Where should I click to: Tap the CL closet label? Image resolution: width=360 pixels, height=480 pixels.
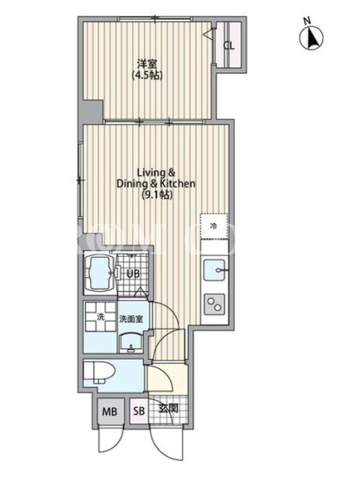[229, 46]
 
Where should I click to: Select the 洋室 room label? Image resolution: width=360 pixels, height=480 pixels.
[147, 64]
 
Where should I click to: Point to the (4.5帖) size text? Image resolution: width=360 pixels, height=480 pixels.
[147, 76]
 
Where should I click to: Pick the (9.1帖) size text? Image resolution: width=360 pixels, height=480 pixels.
[157, 194]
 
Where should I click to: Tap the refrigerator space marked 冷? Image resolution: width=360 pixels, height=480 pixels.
[214, 226]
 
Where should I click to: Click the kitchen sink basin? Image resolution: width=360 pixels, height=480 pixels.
[214, 269]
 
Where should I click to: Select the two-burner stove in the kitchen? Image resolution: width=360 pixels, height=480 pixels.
[214, 304]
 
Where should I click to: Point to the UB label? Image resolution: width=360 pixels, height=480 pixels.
[133, 274]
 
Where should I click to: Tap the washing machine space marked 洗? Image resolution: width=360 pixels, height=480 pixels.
[100, 317]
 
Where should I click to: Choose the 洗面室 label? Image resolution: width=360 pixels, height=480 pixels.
[131, 319]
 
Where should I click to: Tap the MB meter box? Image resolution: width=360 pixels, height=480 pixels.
[110, 411]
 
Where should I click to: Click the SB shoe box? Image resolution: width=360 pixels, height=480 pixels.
[139, 411]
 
